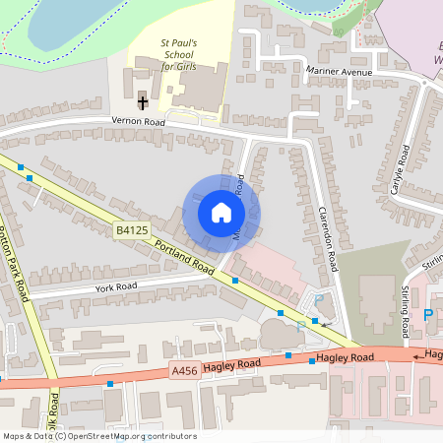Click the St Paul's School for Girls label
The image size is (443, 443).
tap(179, 55)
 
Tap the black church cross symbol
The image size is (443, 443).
tap(143, 101)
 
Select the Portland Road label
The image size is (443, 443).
tap(183, 255)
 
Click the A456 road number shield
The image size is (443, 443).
tap(184, 370)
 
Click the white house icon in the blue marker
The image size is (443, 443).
tap(221, 213)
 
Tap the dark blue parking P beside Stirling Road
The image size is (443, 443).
tap(427, 315)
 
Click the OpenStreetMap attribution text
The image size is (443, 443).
tap(99, 435)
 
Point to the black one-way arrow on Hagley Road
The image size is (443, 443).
tap(417, 354)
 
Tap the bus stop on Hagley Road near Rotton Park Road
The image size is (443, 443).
tap(110, 383)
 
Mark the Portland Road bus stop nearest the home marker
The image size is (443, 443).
tap(234, 281)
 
